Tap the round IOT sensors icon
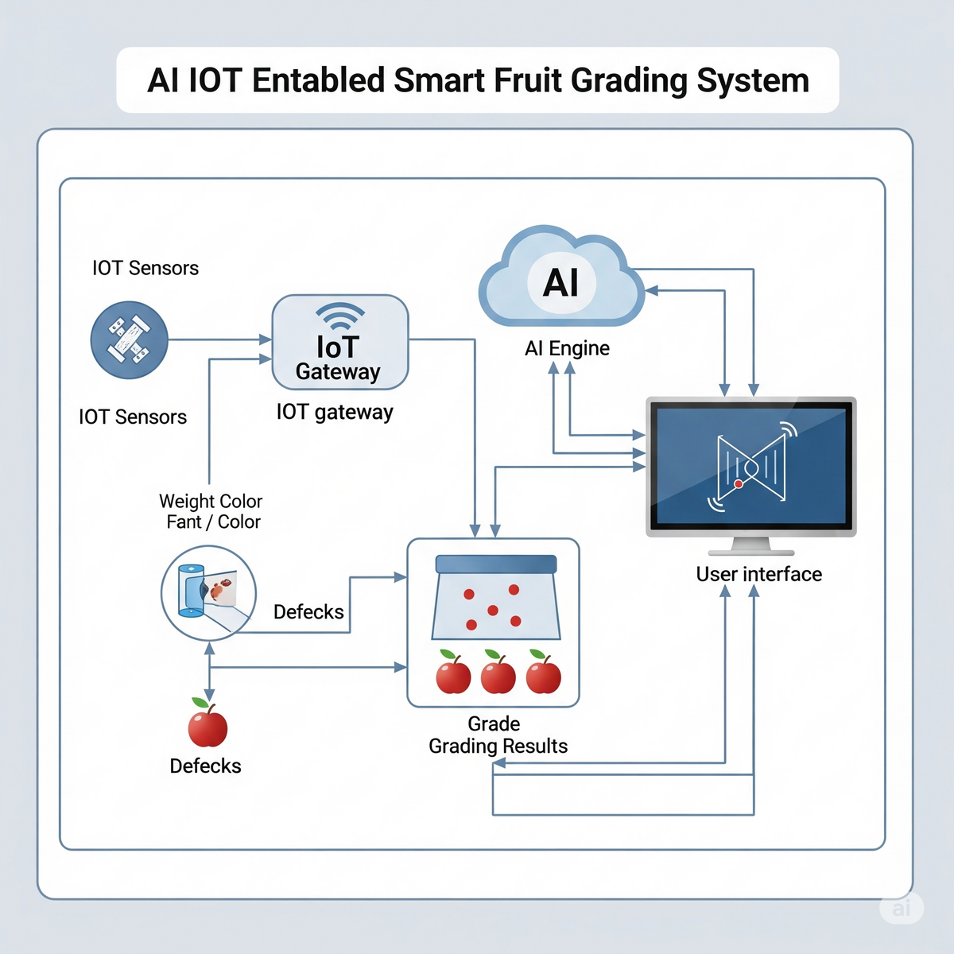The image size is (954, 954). tap(129, 339)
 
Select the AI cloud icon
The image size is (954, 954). tap(561, 280)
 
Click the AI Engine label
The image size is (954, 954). tap(567, 348)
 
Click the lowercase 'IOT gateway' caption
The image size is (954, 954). tap(335, 412)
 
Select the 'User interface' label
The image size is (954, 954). tap(758, 574)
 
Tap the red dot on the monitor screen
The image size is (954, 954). tap(739, 483)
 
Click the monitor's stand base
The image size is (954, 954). tap(751, 550)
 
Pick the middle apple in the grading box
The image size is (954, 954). tap(498, 674)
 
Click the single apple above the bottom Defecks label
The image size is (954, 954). tap(207, 725)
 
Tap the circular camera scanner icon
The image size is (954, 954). tap(208, 592)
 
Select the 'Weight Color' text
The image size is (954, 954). tap(211, 502)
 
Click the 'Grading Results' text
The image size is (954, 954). tap(498, 747)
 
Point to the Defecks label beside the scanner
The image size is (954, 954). tap(308, 611)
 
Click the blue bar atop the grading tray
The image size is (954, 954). tap(496, 564)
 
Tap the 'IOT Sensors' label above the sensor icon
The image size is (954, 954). tap(145, 268)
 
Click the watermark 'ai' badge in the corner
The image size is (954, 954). tap(902, 908)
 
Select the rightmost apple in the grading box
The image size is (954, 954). tap(544, 674)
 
